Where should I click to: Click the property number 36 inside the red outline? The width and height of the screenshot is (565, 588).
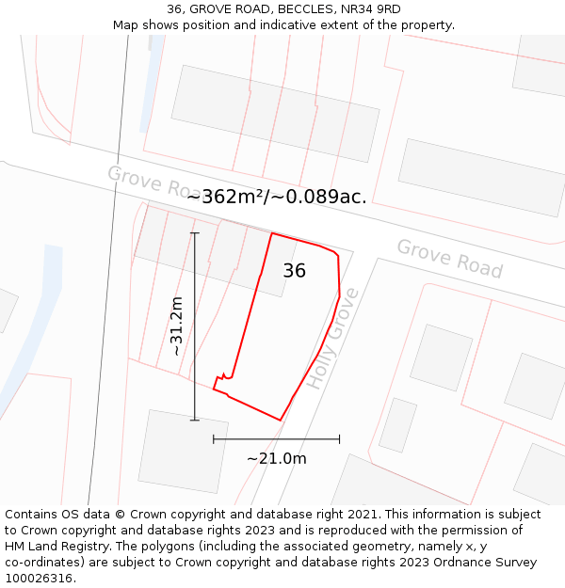click(x=294, y=271)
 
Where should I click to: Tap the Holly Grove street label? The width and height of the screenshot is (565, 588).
click(x=333, y=339)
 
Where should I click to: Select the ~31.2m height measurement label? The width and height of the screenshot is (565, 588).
click(x=176, y=326)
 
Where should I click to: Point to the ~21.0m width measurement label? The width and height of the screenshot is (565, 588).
click(x=277, y=458)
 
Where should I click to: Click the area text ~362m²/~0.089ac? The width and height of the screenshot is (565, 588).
click(x=277, y=197)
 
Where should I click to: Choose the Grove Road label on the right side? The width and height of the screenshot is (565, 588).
click(x=449, y=258)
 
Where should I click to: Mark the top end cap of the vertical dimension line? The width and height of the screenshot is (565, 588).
click(x=195, y=233)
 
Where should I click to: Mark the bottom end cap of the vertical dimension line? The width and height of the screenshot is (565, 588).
click(x=195, y=420)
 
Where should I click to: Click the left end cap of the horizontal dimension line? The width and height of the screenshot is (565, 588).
click(x=214, y=438)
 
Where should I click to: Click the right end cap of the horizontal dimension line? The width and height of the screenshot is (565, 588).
click(x=339, y=438)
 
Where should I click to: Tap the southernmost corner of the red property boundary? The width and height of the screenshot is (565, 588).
click(x=281, y=421)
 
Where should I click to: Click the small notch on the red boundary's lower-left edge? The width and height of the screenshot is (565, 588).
click(x=222, y=376)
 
